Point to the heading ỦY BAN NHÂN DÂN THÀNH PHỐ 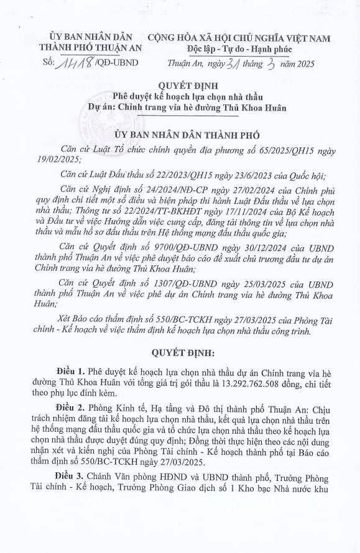pos(180,134)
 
